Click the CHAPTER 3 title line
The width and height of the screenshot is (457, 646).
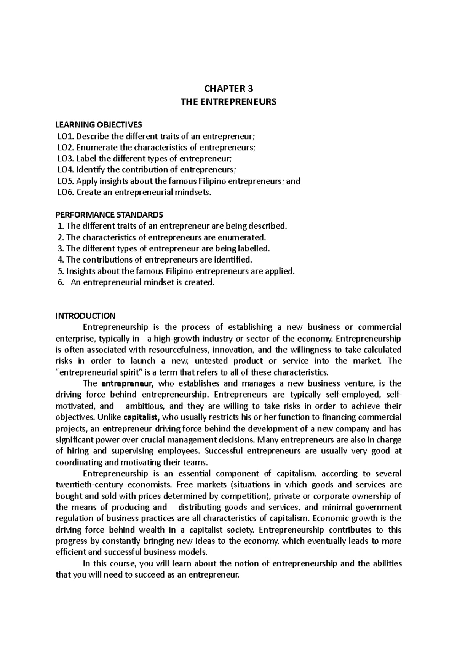tap(228, 89)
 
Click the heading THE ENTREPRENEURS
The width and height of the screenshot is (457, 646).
tap(228, 102)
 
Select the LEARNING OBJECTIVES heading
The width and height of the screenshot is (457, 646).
tap(99, 124)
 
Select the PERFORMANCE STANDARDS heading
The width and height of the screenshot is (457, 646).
tap(109, 215)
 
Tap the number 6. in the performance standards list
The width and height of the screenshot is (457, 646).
tap(60, 283)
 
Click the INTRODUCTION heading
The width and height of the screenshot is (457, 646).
tap(85, 316)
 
